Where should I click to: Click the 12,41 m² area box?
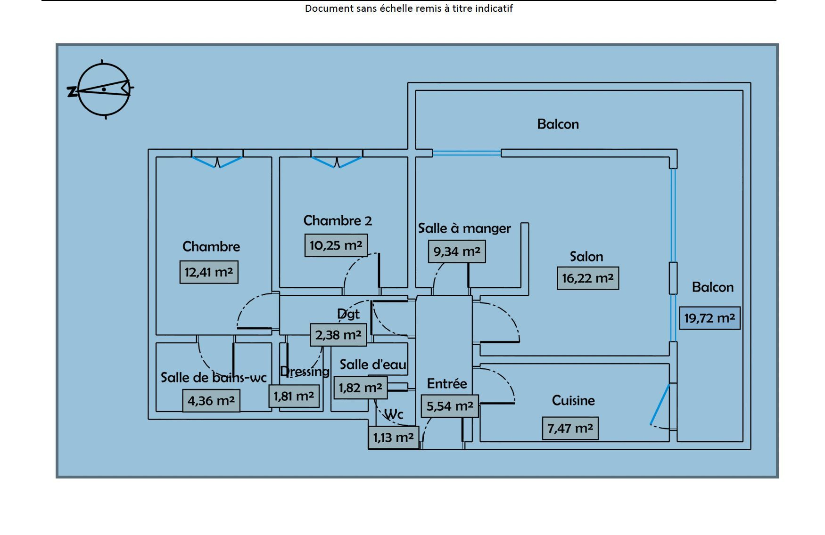209,272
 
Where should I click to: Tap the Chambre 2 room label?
338,220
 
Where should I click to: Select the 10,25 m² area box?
336,245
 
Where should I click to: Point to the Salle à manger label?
464,228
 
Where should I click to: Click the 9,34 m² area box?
457,251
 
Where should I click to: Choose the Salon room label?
586,257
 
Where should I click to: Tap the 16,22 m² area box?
588,278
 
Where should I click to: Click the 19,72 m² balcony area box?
709,318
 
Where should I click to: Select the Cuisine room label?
573,400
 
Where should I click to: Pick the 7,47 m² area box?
570,429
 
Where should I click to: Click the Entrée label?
447,384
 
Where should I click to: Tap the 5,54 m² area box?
450,406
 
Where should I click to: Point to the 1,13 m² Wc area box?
393,438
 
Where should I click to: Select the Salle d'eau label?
373,365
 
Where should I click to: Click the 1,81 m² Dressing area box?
294,396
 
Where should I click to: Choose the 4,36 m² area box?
211,401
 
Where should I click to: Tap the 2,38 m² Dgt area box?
338,335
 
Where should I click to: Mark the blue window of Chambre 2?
337,162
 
